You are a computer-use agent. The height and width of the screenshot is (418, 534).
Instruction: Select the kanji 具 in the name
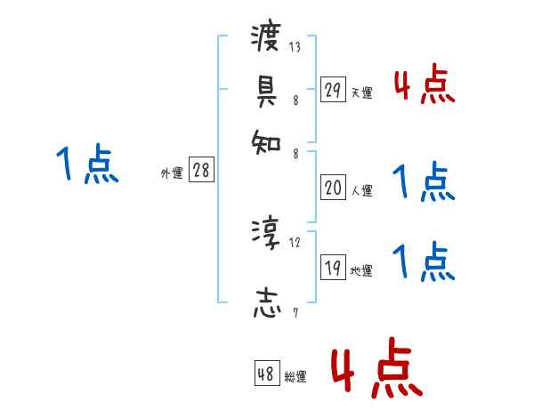[x=266, y=89]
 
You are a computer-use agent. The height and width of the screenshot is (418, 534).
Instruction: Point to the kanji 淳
[x=266, y=234]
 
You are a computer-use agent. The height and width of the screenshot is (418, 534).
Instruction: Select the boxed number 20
[x=333, y=188]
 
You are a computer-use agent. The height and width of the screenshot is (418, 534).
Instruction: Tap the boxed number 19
[x=333, y=269]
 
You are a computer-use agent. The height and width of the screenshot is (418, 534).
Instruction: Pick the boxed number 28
[x=201, y=171]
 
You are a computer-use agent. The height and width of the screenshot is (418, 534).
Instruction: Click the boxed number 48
[x=266, y=374]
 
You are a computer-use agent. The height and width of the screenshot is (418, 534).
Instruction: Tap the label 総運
[x=295, y=377]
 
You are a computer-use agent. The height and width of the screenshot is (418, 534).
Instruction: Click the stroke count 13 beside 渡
[x=295, y=47]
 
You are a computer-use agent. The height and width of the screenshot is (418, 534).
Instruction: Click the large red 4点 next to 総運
[x=376, y=368]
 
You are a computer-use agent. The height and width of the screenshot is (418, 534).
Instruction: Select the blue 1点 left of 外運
[x=86, y=165]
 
